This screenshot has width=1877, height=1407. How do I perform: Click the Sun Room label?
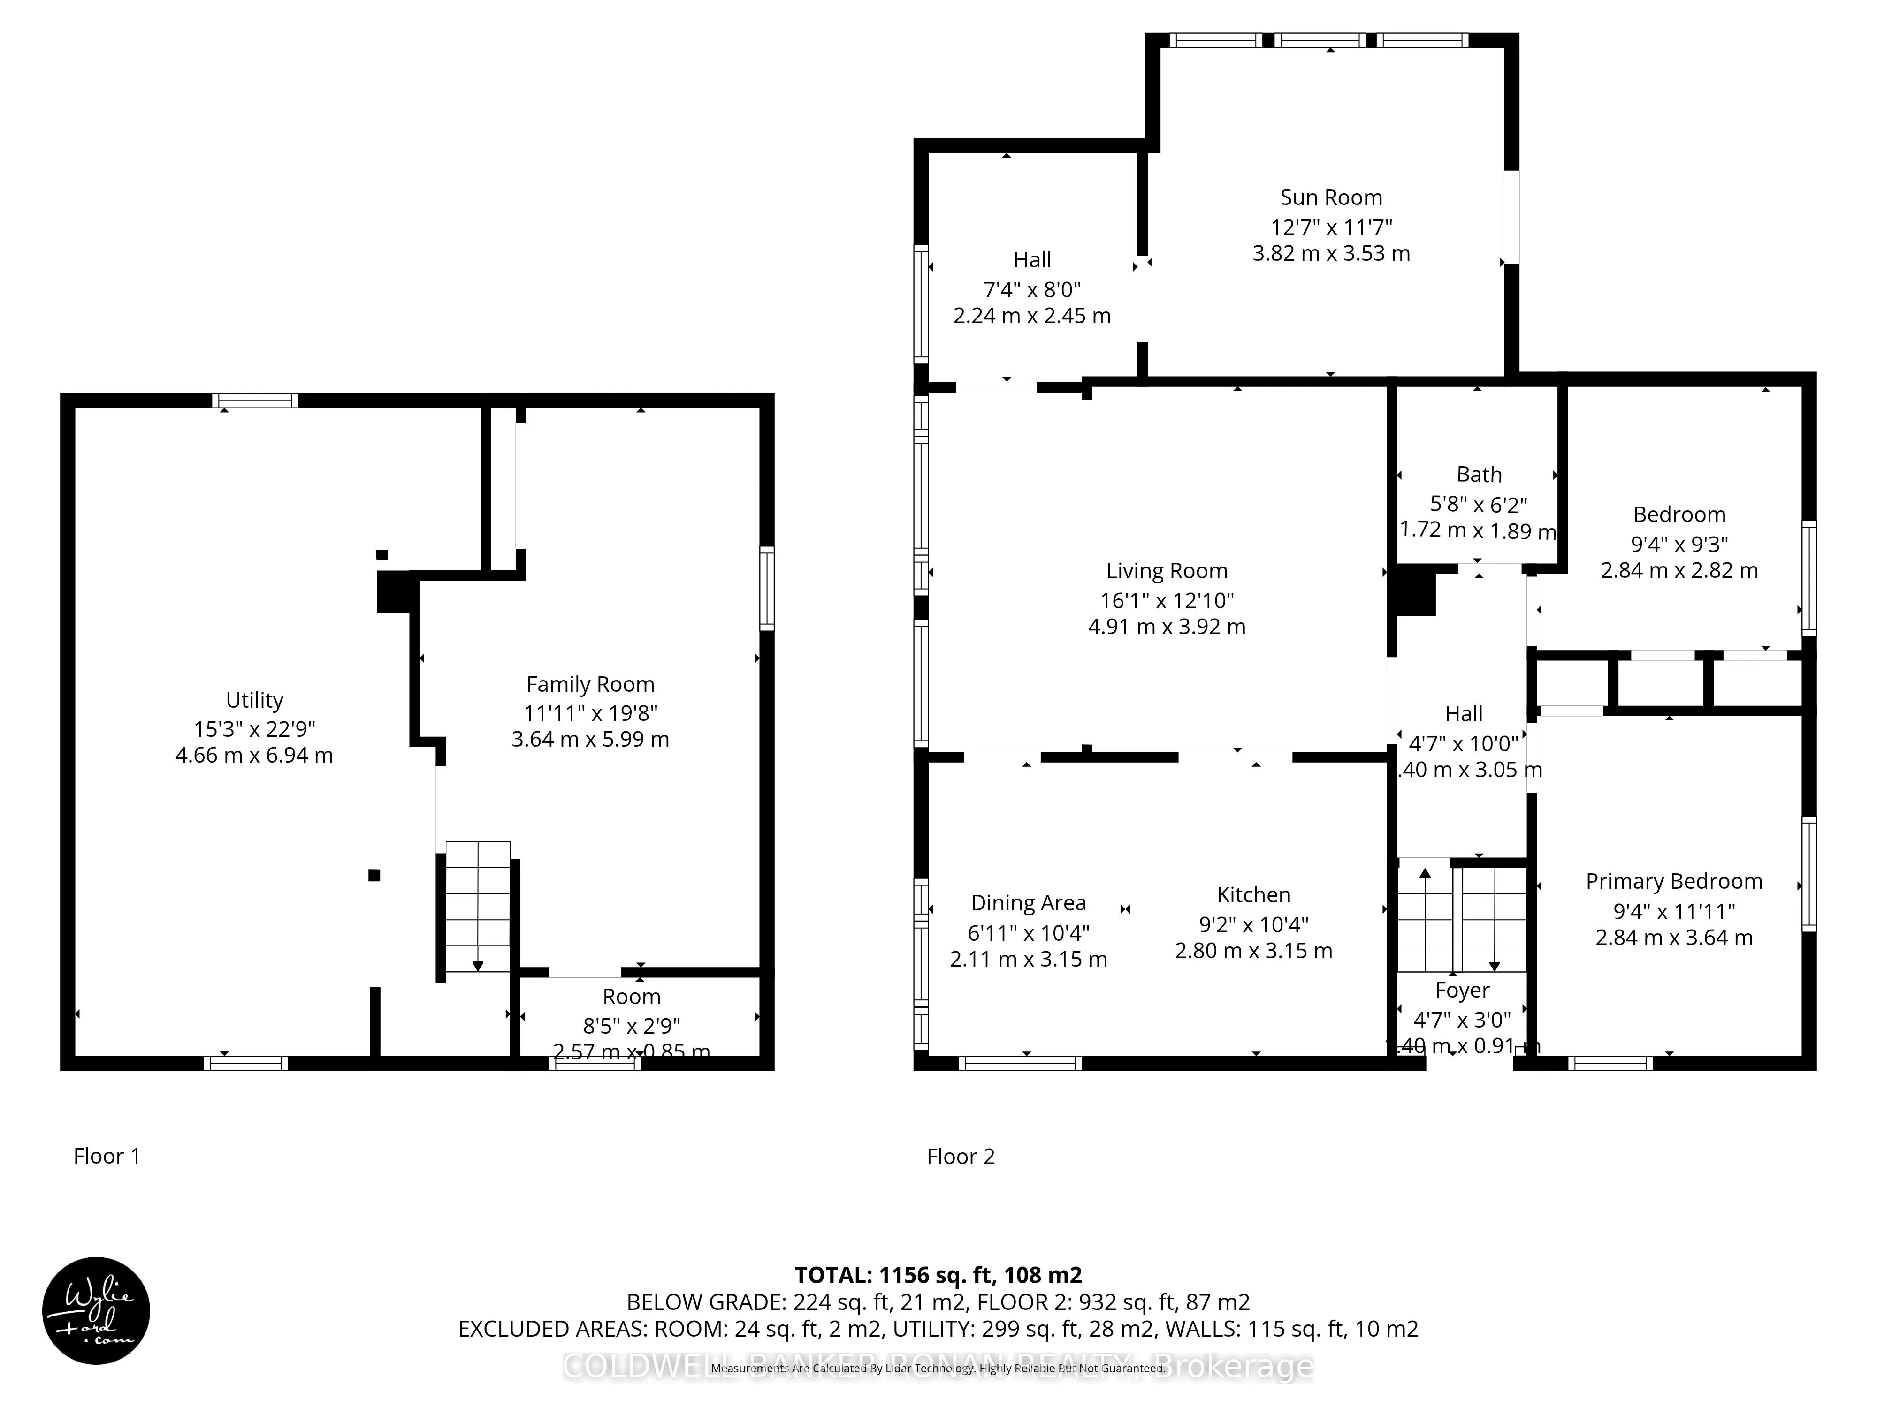click(1330, 197)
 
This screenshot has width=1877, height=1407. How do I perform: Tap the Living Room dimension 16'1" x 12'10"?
click(1167, 600)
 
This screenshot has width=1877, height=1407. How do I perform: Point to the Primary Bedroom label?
click(1673, 881)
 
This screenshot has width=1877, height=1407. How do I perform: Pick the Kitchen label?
click(1253, 895)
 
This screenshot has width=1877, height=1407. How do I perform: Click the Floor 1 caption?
click(107, 1156)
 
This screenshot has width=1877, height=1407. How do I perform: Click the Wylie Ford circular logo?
click(96, 1310)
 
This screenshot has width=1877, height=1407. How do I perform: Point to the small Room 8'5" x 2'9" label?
click(631, 997)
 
